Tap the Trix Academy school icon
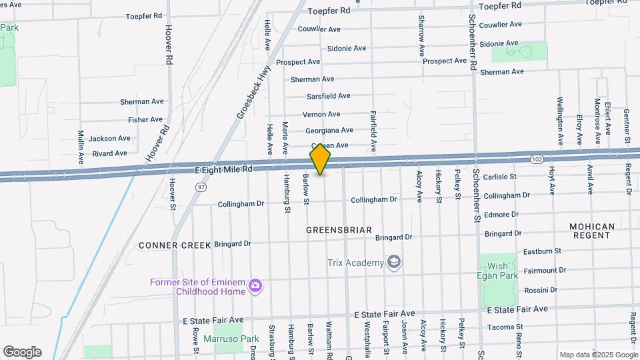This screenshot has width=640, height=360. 395,262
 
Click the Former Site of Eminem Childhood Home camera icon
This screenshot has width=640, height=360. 255,286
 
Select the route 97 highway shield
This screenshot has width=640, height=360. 201,188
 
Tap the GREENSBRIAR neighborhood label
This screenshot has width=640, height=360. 339,230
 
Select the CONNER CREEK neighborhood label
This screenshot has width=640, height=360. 175,245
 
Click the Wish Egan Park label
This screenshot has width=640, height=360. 498,271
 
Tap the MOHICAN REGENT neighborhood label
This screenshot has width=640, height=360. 592,231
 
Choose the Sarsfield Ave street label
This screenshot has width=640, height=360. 329,96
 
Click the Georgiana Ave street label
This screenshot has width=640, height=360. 329,130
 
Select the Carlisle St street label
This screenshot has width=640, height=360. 500,177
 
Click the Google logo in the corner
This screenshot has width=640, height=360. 22,352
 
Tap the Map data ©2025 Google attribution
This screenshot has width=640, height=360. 599,355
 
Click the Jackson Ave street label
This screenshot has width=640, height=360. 109,139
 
